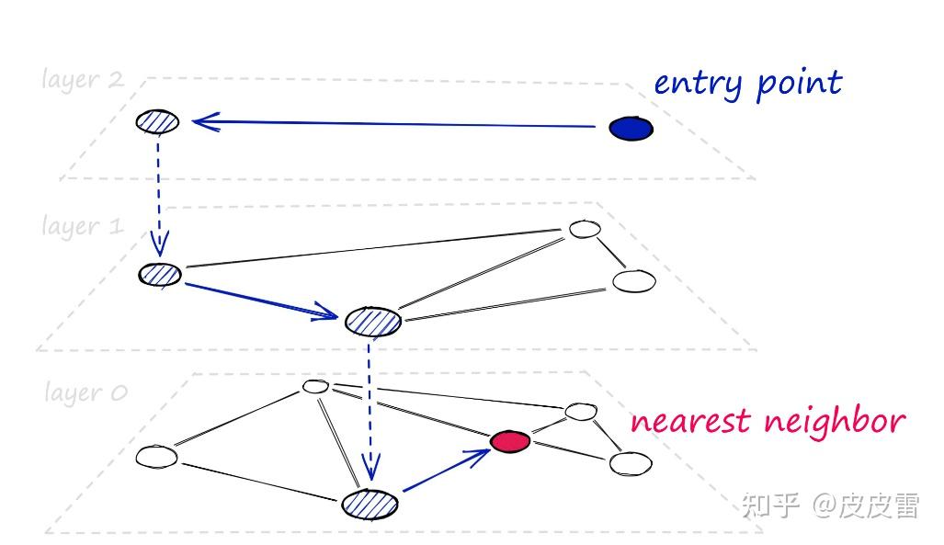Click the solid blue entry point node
631,129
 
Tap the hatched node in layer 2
157,120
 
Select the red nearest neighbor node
510,441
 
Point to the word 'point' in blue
799,85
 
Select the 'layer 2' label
83,79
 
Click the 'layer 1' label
83,226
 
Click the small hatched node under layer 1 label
160,274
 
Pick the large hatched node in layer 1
373,321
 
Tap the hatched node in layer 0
370,504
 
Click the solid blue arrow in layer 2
395,123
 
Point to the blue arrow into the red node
446,472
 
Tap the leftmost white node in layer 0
156,456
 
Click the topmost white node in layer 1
584,228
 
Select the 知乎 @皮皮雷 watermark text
829,505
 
